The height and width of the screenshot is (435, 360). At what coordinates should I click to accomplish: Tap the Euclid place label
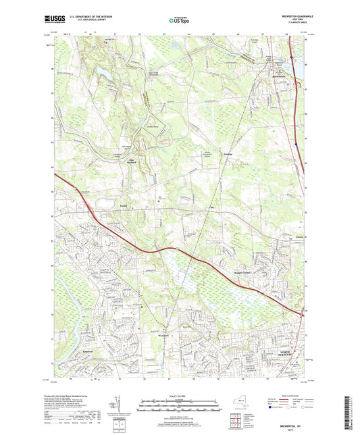(x=123, y=203)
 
